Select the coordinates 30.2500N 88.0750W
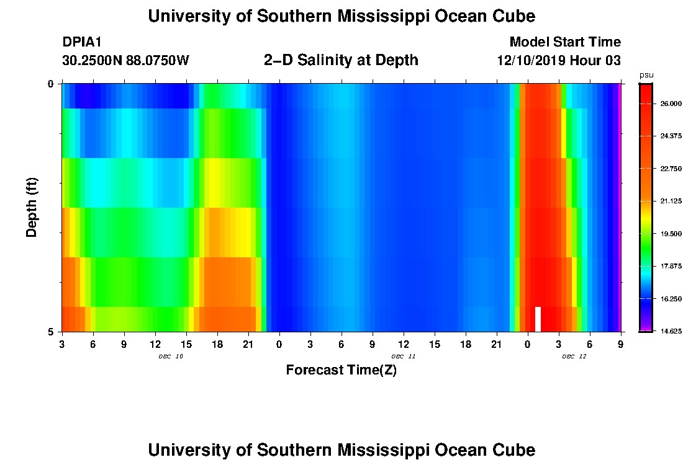click(125, 61)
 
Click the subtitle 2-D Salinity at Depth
click(341, 60)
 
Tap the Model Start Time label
click(564, 42)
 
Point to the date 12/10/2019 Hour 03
click(559, 61)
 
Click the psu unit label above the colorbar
click(646, 75)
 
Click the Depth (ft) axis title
click(32, 207)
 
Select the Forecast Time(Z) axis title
click(341, 371)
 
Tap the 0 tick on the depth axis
click(52, 84)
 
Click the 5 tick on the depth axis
click(52, 332)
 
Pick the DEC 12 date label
click(574, 356)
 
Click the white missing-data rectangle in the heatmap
click(538, 319)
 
